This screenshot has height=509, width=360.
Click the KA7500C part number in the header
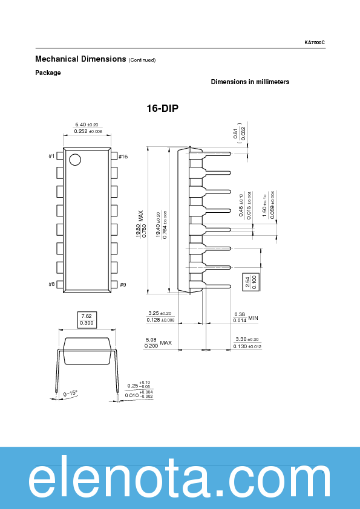coord(315,42)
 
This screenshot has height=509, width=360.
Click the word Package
coord(48,73)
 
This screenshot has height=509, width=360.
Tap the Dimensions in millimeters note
coord(250,82)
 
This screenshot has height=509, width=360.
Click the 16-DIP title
coord(162,109)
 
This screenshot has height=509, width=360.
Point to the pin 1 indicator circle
coord(74,160)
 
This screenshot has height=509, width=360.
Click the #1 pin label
coord(51,157)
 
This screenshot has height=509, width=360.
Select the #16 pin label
coord(123,157)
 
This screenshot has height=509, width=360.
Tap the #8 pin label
coord(51,284)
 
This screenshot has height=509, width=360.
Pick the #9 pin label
coord(122,284)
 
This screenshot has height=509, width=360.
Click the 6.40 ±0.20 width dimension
coord(87,124)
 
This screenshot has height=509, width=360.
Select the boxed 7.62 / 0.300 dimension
coord(87,319)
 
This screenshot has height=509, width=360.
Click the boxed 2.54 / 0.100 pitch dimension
coord(250,282)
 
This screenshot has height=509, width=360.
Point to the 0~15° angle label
coord(71,393)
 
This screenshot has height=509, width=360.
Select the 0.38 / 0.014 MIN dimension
coord(246,317)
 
